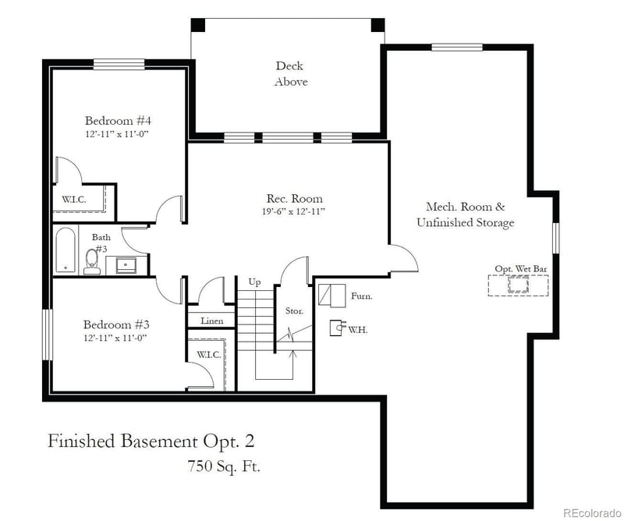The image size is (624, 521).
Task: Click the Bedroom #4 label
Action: click(117, 121)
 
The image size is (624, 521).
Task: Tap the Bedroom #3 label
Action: click(117, 324)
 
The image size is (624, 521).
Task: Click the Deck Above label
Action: click(290, 74)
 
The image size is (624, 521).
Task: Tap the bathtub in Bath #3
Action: click(66, 250)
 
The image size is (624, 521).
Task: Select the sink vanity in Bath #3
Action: click(126, 264)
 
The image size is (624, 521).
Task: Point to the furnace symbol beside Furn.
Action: click(331, 296)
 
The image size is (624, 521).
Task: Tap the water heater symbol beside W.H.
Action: click(336, 328)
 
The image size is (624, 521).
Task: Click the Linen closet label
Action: click(211, 321)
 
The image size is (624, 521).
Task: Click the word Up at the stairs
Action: click(254, 281)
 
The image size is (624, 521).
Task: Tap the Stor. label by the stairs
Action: click(293, 310)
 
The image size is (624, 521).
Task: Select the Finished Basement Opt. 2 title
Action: click(151, 441)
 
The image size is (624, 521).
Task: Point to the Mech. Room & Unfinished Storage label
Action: click(465, 214)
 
